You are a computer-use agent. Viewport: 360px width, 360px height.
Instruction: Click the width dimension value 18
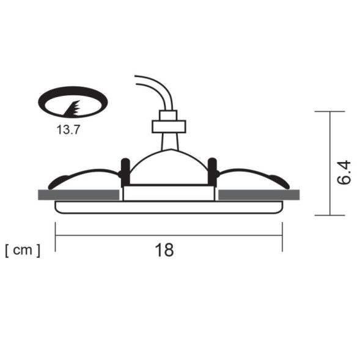tap(164, 249)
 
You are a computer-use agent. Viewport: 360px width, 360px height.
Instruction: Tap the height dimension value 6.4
tap(344, 174)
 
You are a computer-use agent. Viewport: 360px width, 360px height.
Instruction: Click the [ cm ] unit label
tap(23, 250)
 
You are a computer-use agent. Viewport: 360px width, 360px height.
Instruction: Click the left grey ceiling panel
tap(78, 195)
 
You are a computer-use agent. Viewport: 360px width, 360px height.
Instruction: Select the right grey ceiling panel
tap(259, 195)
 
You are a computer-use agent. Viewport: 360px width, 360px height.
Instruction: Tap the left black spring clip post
tap(125, 172)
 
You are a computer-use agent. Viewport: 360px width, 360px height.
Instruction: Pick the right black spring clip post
tap(213, 172)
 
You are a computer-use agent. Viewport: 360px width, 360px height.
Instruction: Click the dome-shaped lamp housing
tap(169, 167)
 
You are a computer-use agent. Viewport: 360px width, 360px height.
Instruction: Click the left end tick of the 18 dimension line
tap(56, 237)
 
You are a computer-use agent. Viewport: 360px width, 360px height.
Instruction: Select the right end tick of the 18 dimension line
tap(282, 237)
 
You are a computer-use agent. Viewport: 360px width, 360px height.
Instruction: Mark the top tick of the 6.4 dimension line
tap(330, 112)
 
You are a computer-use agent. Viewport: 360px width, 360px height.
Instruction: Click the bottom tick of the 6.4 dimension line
tap(330, 215)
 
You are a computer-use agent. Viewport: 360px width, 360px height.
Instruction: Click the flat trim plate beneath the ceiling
tap(169, 207)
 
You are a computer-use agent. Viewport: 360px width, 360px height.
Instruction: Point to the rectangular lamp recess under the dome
tap(169, 193)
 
